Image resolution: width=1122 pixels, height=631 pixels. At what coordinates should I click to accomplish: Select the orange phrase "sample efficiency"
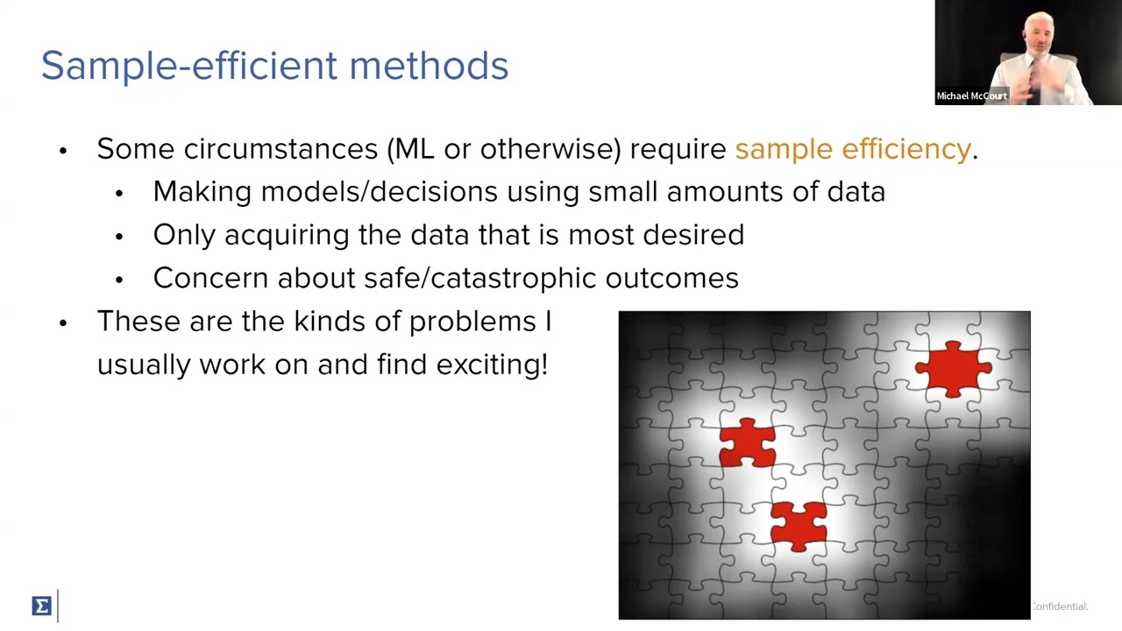(852, 149)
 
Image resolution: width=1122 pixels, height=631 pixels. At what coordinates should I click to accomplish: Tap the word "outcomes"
(671, 278)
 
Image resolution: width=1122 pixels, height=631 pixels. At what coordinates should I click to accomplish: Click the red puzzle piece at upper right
(953, 369)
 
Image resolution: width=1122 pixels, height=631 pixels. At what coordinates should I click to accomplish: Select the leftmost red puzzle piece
(747, 443)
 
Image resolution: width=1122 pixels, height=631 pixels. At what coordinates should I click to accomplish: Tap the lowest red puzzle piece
(799, 525)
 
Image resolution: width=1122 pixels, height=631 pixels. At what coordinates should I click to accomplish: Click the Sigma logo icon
(41, 606)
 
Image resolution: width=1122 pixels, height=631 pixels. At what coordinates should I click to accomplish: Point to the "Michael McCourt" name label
(971, 96)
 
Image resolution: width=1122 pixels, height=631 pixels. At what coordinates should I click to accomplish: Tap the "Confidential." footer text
(1060, 606)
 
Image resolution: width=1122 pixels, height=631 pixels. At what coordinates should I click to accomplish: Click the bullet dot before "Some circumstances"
(63, 150)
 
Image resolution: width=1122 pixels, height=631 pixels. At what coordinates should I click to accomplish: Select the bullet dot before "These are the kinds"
(63, 323)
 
